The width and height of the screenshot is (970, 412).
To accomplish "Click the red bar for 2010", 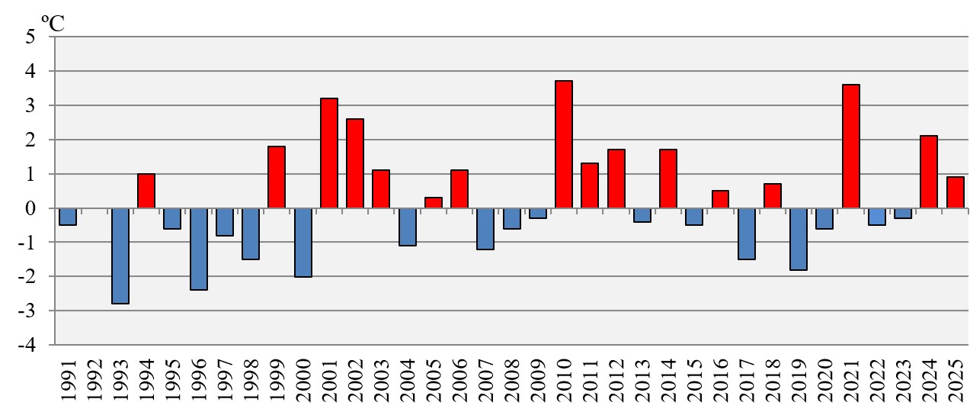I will point(563,144).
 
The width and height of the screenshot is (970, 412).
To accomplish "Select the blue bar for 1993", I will point(120,256).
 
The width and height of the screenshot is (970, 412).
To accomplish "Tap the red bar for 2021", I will point(850,146).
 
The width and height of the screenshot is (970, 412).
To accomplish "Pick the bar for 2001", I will point(328,153).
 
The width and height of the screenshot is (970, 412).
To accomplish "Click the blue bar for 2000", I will point(303,242).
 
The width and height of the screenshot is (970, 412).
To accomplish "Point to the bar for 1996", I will point(198,249).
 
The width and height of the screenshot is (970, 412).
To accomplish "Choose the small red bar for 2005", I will point(433,203).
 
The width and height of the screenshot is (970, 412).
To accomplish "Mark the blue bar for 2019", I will point(798,239).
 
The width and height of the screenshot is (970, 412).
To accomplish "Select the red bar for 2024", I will point(928,172).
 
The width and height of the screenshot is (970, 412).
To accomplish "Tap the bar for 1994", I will point(146,191).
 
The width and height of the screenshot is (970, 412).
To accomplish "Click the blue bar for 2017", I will point(746,233).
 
